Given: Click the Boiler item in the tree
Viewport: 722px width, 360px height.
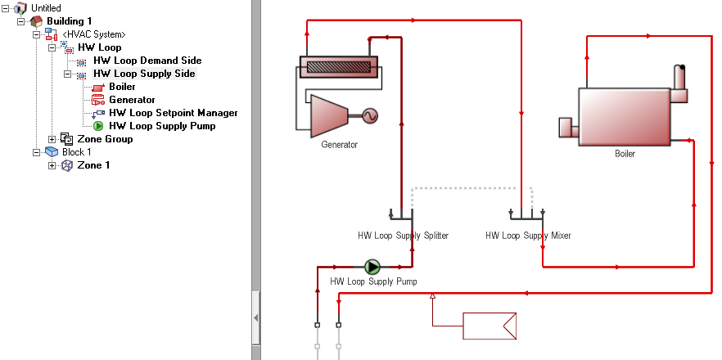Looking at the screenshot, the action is click(122, 87).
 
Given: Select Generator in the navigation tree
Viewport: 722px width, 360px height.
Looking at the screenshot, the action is click(132, 100).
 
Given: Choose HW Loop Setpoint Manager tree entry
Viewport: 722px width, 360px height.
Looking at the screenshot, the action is click(174, 113).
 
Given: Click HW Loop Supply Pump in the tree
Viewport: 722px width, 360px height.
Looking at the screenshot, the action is click(162, 126).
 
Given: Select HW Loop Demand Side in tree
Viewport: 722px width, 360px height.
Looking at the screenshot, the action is click(147, 61).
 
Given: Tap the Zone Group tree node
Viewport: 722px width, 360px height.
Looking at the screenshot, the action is click(105, 139).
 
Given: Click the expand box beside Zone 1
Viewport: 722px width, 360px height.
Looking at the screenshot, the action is click(52, 165).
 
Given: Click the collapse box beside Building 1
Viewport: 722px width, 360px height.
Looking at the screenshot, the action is click(20, 21).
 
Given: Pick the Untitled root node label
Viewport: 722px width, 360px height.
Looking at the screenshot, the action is click(46, 8).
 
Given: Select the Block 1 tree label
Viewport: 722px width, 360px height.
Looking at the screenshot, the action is click(77, 152).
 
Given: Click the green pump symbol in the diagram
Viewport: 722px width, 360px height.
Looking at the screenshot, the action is click(372, 267).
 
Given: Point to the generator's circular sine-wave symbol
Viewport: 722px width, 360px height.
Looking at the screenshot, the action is click(370, 116).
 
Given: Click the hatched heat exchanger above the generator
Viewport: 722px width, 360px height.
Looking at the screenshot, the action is click(338, 67).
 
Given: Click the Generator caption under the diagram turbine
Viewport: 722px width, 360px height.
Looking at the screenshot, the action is click(340, 145).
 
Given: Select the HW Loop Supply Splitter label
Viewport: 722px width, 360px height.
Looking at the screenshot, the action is click(403, 236).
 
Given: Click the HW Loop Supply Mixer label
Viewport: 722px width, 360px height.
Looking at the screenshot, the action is click(528, 236).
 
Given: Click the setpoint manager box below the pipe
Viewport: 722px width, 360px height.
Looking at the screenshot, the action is click(490, 326).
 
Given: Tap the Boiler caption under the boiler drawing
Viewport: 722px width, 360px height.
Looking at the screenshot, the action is click(625, 153).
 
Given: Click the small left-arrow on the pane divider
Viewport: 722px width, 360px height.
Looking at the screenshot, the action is click(256, 317).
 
